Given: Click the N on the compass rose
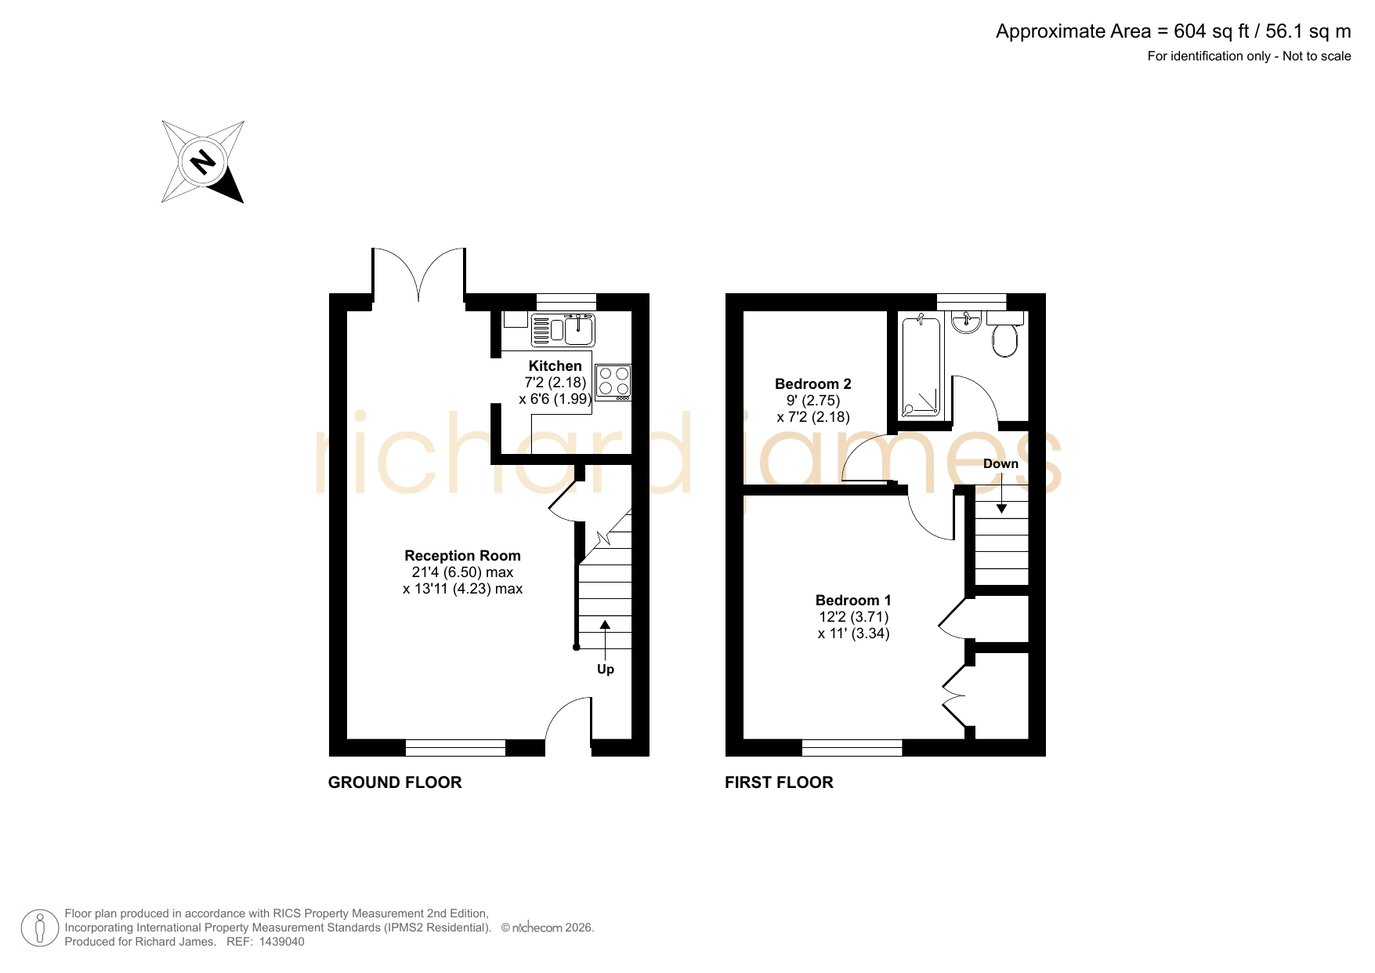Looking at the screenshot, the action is point(203,162).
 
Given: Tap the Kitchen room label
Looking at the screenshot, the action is point(555,366).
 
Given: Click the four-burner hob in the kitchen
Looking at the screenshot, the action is point(613,383).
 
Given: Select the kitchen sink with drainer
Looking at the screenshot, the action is point(563,329).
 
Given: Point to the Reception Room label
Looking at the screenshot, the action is point(462,556).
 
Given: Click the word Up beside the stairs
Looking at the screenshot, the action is point(606,670).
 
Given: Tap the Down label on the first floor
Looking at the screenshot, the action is point(1000,464).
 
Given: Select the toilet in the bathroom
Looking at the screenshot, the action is point(1005,334).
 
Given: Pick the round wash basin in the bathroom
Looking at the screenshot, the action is point(967,321).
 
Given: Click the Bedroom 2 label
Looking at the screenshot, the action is point(813,384).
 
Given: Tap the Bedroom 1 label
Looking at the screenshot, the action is point(853,601).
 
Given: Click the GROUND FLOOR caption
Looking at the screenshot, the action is point(395,782).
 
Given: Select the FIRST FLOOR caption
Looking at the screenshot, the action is point(779,782).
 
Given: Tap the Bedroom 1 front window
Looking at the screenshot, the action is point(852,747).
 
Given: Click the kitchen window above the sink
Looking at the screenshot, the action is point(566,302).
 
